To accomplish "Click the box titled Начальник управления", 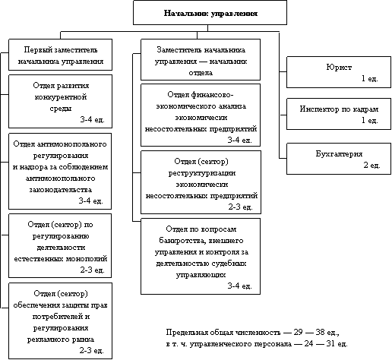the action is tap(210, 13).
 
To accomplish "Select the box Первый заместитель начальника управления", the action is tap(61, 55).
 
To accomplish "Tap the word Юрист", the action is tap(339, 68).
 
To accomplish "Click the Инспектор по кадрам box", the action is tap(339, 114).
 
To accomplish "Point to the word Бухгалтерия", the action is tap(339, 153).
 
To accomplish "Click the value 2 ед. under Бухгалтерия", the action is tap(371, 165).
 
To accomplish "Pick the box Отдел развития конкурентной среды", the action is tap(61, 101).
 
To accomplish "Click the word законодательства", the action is tap(61, 190).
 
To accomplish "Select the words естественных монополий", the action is tap(61, 259).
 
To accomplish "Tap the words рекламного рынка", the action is tap(61, 339).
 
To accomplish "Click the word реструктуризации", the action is tap(202, 173).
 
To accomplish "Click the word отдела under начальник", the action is tap(201, 73).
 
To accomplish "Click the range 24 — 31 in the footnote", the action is tap(320, 343).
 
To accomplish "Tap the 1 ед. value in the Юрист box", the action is tap(369, 78).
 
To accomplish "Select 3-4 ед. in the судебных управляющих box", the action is tap(239, 286).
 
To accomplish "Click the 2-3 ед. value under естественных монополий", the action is tap(92, 270).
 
